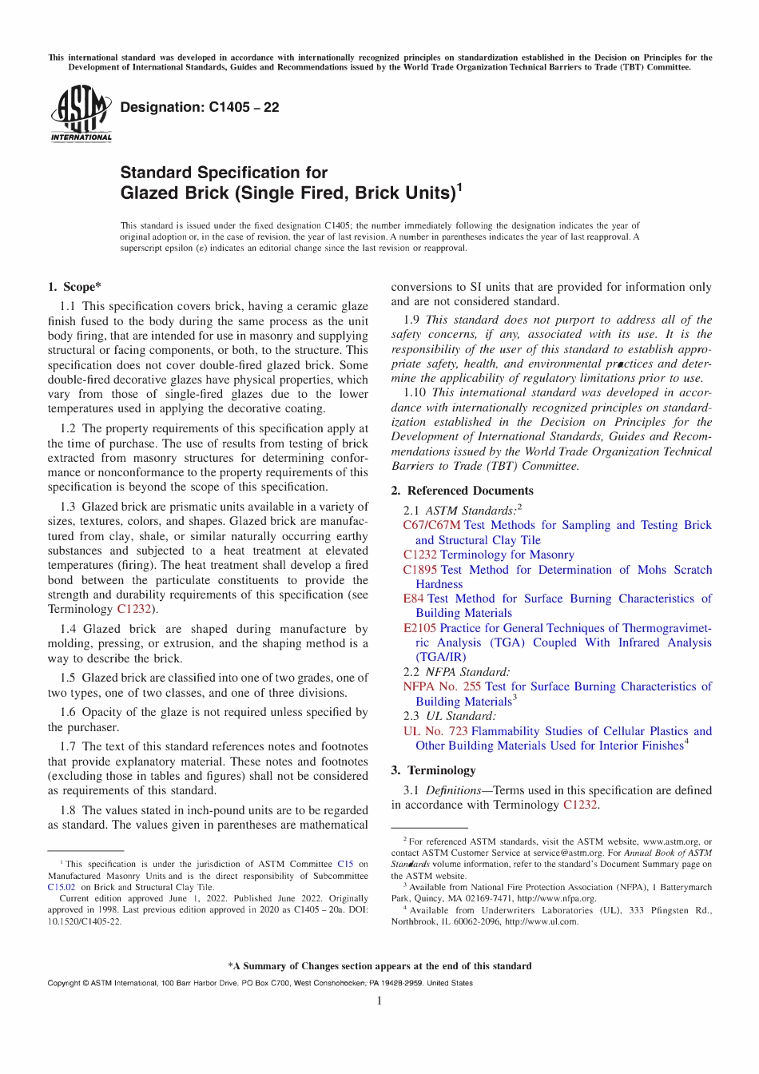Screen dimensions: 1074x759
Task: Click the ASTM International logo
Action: pos(81,113)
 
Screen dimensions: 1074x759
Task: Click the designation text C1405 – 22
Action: pos(199,107)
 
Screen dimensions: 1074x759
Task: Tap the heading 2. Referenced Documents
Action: pos(462,491)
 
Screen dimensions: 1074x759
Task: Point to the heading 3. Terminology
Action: pos(433,770)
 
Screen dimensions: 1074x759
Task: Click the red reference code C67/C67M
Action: pos(431,525)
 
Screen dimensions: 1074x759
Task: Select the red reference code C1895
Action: pos(420,570)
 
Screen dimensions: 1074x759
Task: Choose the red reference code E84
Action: pos(413,599)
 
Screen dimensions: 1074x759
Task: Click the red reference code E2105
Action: pos(419,628)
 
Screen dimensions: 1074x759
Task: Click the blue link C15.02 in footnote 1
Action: pos(62,887)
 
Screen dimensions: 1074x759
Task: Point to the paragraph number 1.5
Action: pos(68,678)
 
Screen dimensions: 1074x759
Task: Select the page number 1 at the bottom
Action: pos(379,1001)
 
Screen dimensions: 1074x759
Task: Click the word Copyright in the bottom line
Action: pos(64,983)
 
